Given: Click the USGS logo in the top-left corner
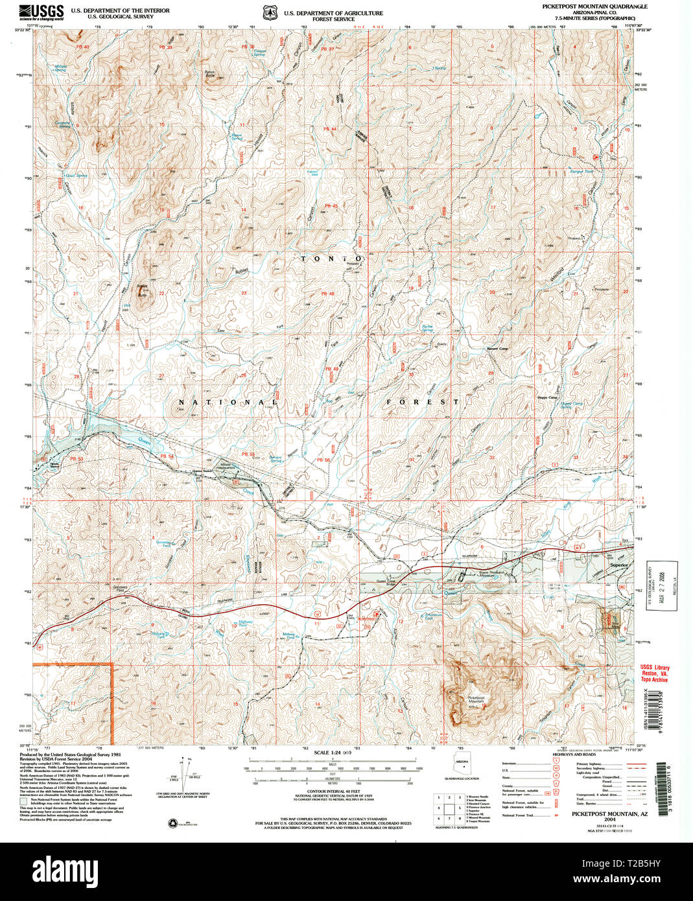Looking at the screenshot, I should pos(42,11).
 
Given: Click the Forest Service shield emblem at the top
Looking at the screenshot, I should pos(268,13).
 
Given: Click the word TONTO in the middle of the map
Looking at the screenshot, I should pos(330,259).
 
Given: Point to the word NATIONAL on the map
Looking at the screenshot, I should pos(227,403).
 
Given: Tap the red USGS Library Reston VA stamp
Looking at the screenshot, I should pos(654,673).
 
